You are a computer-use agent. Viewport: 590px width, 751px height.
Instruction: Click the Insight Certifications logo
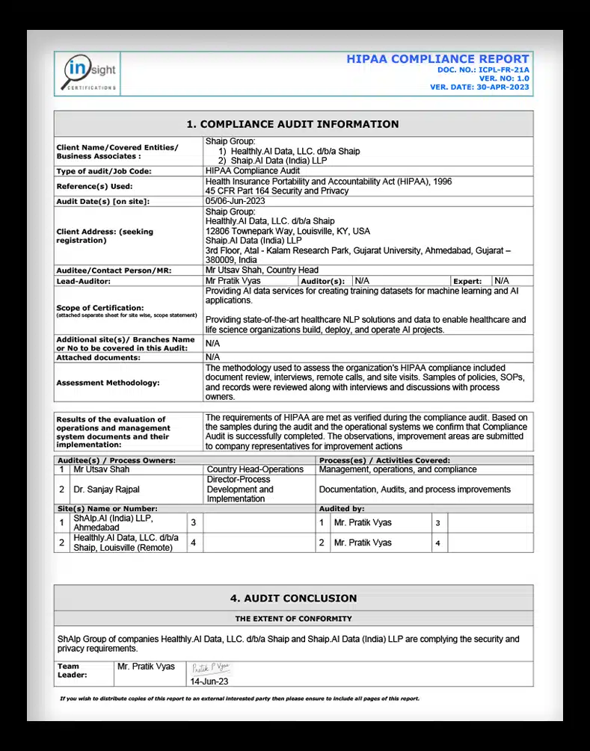pos(88,74)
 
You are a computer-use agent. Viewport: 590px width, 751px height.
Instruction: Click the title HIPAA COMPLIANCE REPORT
pos(437,59)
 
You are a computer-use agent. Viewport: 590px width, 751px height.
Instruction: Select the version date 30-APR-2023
pos(503,87)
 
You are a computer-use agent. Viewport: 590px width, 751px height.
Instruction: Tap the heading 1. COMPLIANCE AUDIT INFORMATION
pos(292,124)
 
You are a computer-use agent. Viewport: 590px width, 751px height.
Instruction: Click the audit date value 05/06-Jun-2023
pos(235,201)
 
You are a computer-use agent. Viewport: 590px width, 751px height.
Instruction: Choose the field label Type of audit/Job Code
pos(104,171)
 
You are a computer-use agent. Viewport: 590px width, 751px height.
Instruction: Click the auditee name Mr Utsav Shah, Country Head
pos(262,270)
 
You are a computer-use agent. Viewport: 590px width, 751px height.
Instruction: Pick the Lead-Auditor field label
pos(84,281)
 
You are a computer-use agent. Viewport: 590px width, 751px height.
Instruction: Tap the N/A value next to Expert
pos(502,280)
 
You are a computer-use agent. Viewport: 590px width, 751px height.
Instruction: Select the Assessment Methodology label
pos(108,383)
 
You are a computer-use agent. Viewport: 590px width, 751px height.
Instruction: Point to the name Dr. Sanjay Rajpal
pos(106,489)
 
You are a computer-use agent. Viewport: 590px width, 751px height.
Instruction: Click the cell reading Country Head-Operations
pos(255,469)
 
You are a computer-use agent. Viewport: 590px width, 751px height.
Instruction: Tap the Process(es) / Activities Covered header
pos(384,460)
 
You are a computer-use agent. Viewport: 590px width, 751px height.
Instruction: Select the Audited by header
pos(344,507)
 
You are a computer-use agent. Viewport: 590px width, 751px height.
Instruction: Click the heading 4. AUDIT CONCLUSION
pos(293,598)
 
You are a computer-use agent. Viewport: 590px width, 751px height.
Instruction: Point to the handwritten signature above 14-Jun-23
pos(211,669)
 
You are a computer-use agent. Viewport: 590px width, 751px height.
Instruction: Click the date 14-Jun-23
pos(209,682)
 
